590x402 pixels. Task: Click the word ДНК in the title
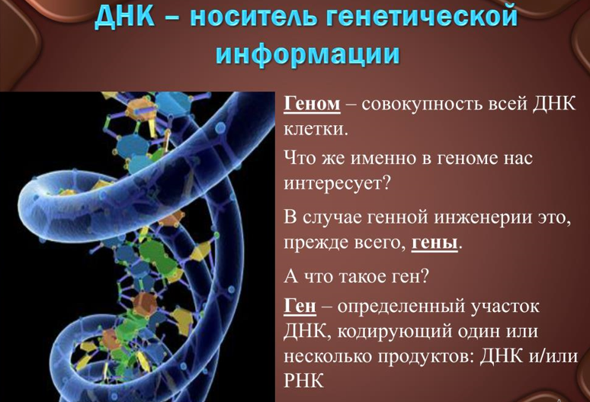tap(123, 17)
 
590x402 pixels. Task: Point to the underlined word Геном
tap(312, 104)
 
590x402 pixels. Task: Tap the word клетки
tap(313, 129)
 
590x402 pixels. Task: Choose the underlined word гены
tap(434, 243)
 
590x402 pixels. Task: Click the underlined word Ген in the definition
tap(300, 306)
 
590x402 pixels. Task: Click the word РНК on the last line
tap(303, 381)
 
